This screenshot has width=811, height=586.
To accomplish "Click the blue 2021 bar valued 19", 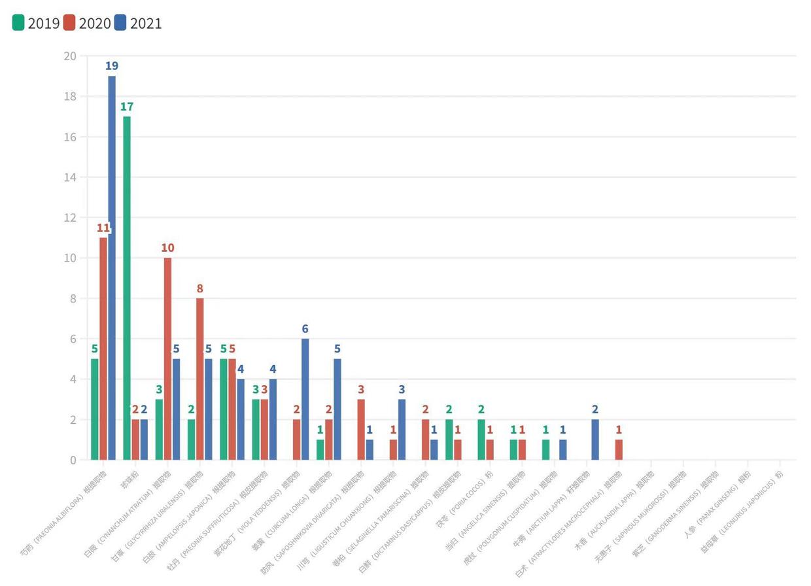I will [111, 267].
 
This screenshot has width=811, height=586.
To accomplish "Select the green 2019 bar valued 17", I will [127, 288].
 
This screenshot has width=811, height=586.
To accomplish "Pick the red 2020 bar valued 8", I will [200, 379].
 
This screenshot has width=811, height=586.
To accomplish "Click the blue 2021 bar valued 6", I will [305, 399].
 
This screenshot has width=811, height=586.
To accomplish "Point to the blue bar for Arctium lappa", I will [595, 439].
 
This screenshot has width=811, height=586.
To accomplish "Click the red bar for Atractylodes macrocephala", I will [619, 449].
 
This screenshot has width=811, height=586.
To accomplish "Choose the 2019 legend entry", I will [36, 24].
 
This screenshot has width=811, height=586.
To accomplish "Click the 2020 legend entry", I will [87, 24].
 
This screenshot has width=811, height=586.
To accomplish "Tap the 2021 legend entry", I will [138, 24].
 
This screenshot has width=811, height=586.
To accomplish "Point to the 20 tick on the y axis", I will [70, 56].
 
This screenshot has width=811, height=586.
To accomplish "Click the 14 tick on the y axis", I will [70, 177].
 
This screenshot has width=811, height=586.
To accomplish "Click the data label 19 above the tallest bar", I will [111, 66].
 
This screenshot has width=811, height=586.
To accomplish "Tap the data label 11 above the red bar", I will [103, 228].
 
